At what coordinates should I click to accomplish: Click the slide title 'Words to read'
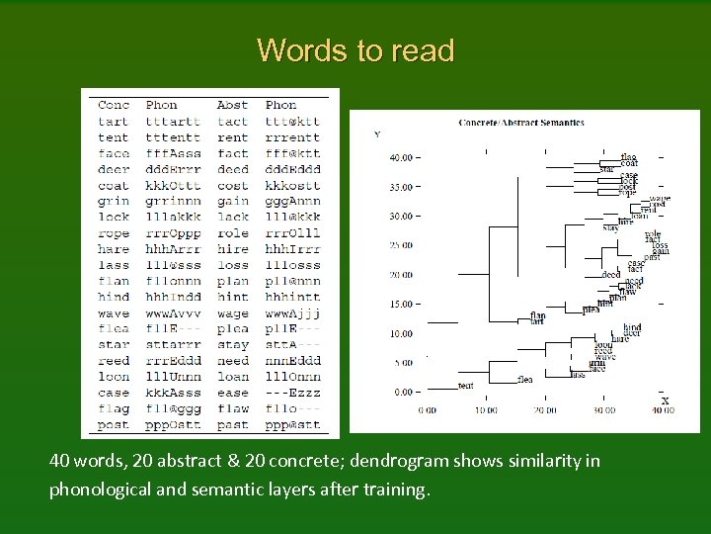click(x=355, y=50)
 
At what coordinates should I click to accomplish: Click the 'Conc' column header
click(x=114, y=105)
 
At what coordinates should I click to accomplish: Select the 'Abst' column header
click(x=233, y=105)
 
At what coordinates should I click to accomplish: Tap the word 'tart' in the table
click(x=114, y=121)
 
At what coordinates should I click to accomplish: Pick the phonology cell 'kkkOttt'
click(x=173, y=185)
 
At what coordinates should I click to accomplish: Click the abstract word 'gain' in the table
click(x=233, y=201)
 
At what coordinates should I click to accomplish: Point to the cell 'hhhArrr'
click(x=173, y=249)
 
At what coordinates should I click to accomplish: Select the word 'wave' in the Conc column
click(x=114, y=313)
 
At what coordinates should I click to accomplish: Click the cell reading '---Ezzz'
click(x=292, y=393)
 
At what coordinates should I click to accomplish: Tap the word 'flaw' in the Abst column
click(x=233, y=408)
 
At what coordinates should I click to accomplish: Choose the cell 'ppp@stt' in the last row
click(x=292, y=425)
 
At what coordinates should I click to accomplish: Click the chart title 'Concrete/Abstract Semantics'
click(x=521, y=123)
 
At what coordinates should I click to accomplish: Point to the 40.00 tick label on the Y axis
click(x=401, y=157)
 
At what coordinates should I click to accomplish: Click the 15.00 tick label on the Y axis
click(x=401, y=305)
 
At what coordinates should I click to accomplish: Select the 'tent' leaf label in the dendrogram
click(x=467, y=385)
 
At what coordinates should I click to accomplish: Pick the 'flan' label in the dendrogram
click(x=538, y=315)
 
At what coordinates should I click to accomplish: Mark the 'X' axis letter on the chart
click(x=665, y=400)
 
